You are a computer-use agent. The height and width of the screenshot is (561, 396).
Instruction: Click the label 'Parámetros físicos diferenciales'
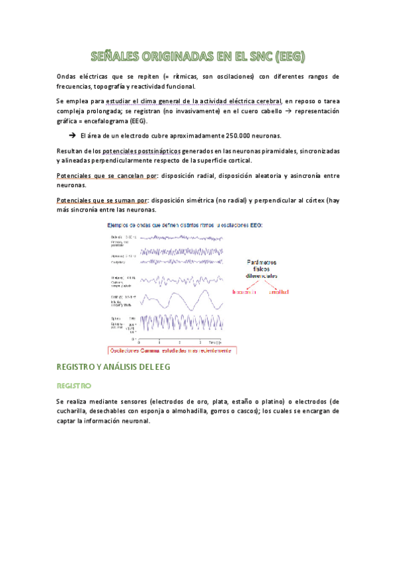(262, 267)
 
